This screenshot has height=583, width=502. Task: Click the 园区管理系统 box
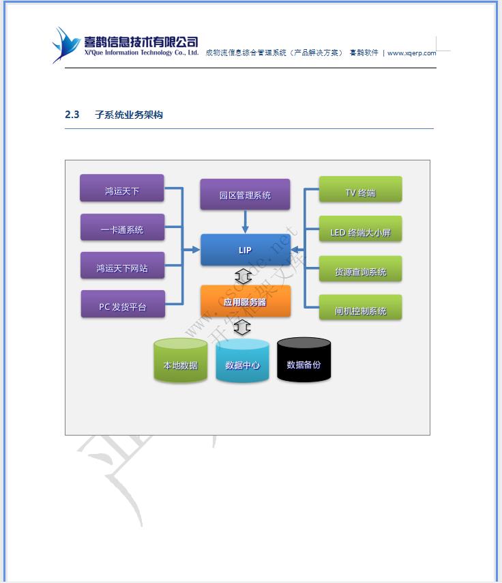point(245,195)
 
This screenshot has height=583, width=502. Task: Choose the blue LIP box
point(245,250)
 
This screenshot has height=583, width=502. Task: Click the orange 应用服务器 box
point(245,301)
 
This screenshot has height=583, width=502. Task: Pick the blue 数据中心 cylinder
point(242,362)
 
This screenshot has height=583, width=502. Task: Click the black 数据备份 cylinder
point(304,360)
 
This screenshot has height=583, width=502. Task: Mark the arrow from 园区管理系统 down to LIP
point(245,221)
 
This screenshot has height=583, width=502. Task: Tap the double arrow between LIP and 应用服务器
point(243,276)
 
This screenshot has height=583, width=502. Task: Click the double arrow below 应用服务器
point(242,327)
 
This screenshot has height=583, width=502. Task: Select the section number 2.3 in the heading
point(72,115)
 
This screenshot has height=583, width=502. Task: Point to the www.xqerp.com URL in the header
point(411,53)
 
